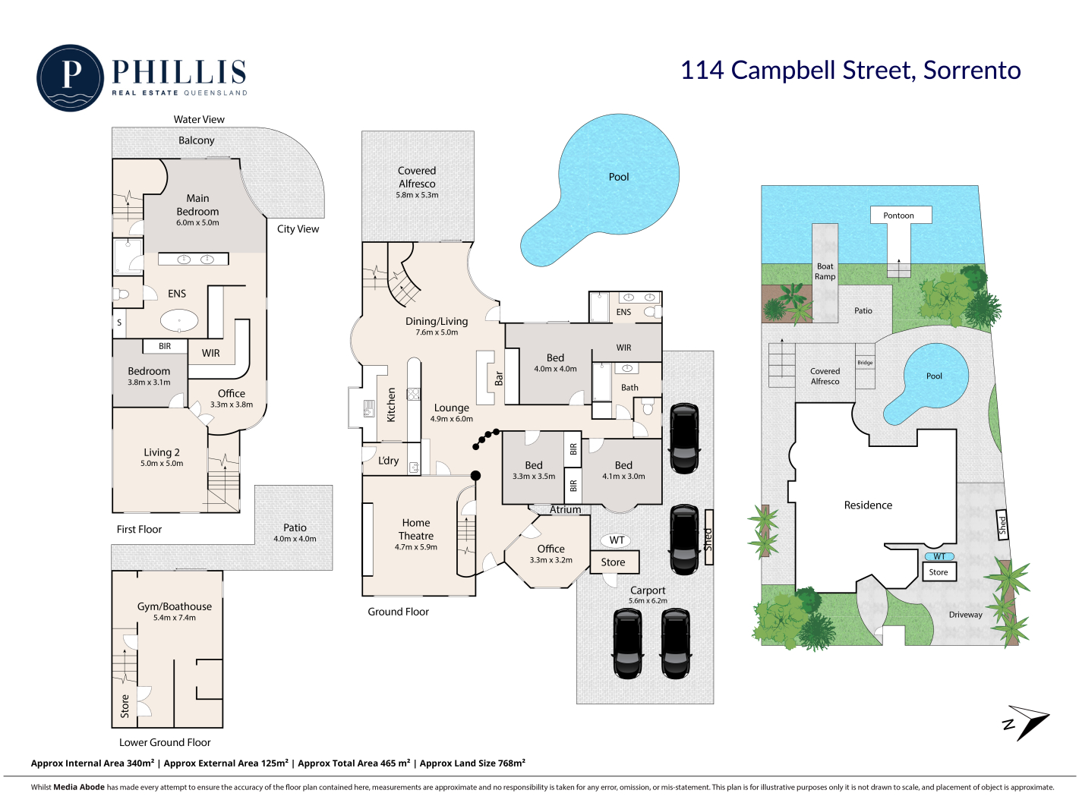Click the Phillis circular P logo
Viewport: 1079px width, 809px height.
(71, 78)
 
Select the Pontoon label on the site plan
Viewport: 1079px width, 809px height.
(898, 215)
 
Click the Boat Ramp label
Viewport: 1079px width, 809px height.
(825, 271)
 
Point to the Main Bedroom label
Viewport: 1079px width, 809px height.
(197, 205)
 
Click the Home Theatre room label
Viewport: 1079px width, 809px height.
(416, 529)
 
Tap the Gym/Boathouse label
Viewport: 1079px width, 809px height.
(175, 606)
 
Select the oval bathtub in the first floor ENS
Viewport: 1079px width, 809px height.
(179, 321)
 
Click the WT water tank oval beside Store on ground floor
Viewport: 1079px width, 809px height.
(617, 540)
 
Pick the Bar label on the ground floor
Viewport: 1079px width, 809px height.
(498, 378)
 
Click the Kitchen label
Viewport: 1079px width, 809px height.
(391, 404)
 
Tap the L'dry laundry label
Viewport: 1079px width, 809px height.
(388, 460)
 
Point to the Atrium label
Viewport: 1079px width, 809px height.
(565, 509)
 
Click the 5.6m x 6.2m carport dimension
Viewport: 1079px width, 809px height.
(648, 601)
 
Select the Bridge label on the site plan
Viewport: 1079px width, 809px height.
(865, 363)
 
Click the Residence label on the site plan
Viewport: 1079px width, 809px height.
(868, 505)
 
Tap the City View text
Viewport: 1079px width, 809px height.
(298, 229)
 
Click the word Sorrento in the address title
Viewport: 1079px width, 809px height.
(972, 71)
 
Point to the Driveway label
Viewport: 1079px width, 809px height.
(965, 615)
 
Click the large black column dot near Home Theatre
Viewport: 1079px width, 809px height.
(475, 476)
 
